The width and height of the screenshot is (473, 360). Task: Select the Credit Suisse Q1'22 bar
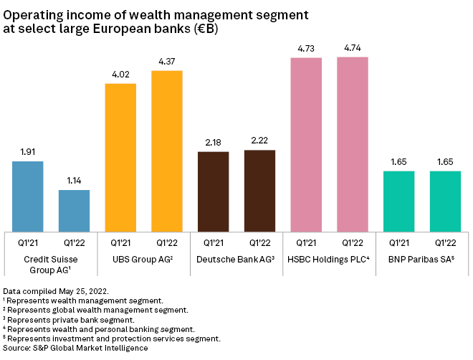pos(74,210)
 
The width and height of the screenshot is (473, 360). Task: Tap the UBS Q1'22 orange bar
pos(167,151)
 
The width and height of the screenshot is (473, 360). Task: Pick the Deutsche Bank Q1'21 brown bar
pos(213,191)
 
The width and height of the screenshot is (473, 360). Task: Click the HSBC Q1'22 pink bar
pos(352,143)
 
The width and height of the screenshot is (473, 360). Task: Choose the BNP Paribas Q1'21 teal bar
pos(398,201)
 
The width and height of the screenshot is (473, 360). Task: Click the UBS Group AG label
pos(143,258)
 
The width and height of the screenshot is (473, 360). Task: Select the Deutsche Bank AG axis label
pos(236,258)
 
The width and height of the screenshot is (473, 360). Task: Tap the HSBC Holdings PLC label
pos(329,258)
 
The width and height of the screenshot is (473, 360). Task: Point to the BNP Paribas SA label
pos(421,258)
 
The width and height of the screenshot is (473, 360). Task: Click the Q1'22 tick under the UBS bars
pos(167,243)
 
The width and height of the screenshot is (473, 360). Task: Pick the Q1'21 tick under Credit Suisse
pos(28,243)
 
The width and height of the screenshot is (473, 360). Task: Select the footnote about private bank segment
pos(70,319)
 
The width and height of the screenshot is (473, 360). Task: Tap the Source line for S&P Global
pos(75,347)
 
